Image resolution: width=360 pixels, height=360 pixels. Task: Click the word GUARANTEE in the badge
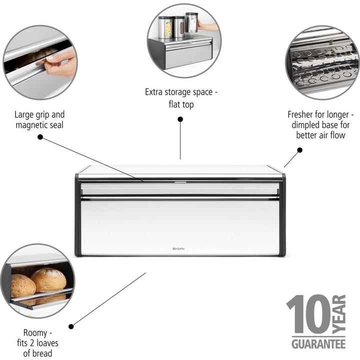click(318, 344)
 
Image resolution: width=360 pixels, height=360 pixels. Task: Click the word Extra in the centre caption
click(154, 92)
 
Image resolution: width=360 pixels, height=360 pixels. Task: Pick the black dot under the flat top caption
click(180, 119)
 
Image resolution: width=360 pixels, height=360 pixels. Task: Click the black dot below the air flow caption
click(299, 149)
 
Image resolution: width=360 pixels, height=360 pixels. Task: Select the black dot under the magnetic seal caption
click(40, 136)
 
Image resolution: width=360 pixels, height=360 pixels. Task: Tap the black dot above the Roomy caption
click(70, 326)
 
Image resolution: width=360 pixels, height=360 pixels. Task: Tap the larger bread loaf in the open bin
click(48, 280)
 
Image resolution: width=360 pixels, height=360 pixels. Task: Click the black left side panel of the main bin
click(78, 215)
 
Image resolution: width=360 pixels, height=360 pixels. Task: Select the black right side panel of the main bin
click(282, 215)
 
